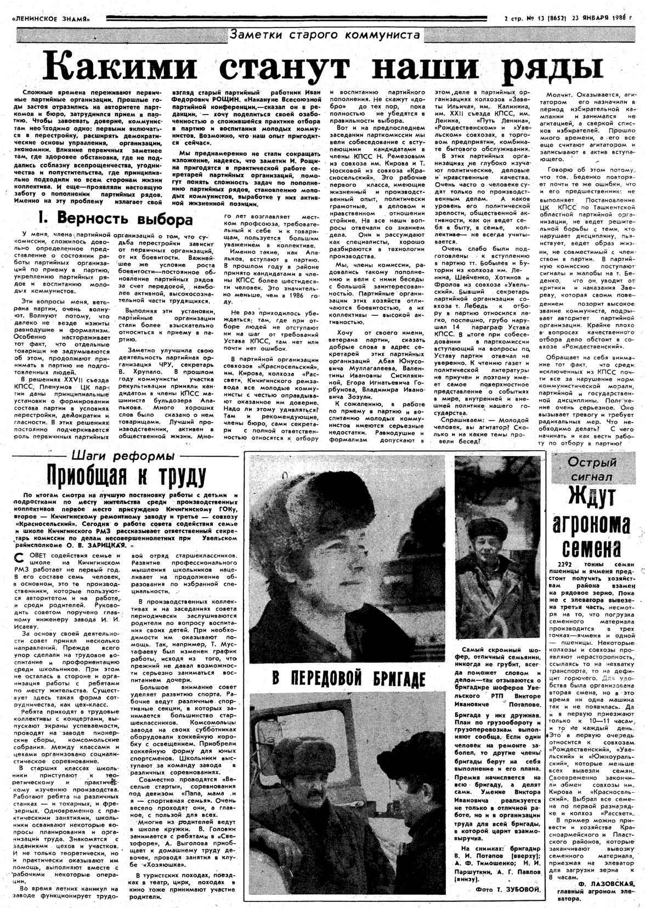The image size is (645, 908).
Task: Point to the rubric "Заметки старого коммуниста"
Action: (325, 36)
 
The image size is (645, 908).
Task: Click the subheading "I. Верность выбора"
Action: (115, 219)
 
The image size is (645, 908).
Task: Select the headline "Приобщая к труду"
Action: (119, 474)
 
